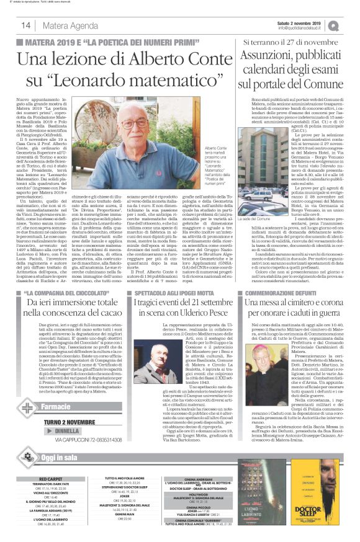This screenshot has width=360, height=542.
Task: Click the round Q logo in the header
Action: (x=351, y=25)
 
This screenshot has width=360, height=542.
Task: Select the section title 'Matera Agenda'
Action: (x=72, y=25)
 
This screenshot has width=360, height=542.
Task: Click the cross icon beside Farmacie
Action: (x=26, y=409)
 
